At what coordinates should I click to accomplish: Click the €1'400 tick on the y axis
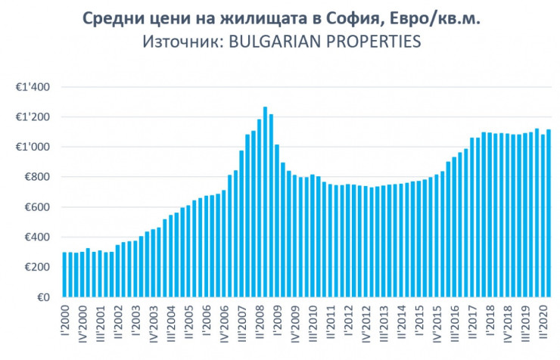coord(33,87)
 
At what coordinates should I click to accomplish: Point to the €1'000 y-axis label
coord(33,147)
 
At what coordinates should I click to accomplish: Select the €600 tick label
coord(37,207)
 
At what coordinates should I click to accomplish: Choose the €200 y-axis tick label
coord(37,267)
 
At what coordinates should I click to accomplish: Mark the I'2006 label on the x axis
coord(206,321)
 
